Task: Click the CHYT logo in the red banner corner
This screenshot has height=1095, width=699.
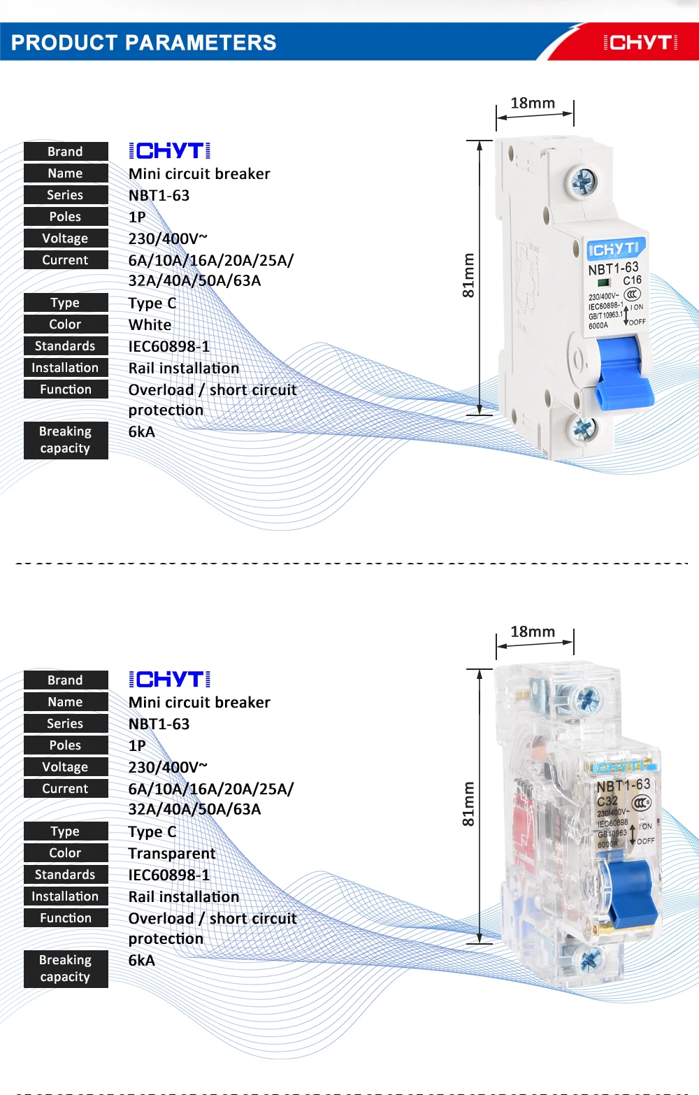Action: [640, 43]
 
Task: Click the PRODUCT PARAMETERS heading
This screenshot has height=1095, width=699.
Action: [144, 43]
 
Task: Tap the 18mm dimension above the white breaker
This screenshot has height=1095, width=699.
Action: [533, 103]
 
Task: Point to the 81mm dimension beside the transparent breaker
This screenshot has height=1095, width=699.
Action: [468, 803]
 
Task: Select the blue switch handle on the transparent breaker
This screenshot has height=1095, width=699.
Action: [633, 892]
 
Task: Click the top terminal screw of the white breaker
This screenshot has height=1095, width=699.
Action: [582, 182]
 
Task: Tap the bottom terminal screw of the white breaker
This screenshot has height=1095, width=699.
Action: [582, 427]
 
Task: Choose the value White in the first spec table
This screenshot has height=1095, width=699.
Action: [150, 325]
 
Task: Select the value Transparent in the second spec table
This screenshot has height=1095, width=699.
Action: [172, 854]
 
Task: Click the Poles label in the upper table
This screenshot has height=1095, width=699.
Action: [66, 217]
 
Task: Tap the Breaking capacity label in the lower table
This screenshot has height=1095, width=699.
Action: [66, 968]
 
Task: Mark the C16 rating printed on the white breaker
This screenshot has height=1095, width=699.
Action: [633, 280]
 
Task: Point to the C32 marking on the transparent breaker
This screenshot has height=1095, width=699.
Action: [607, 801]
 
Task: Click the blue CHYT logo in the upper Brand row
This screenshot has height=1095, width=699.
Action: [170, 151]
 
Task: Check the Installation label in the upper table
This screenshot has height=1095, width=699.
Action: [66, 368]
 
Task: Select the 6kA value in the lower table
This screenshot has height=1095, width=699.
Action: [142, 961]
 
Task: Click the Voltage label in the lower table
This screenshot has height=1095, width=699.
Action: [66, 767]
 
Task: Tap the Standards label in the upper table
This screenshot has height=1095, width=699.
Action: [66, 346]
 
